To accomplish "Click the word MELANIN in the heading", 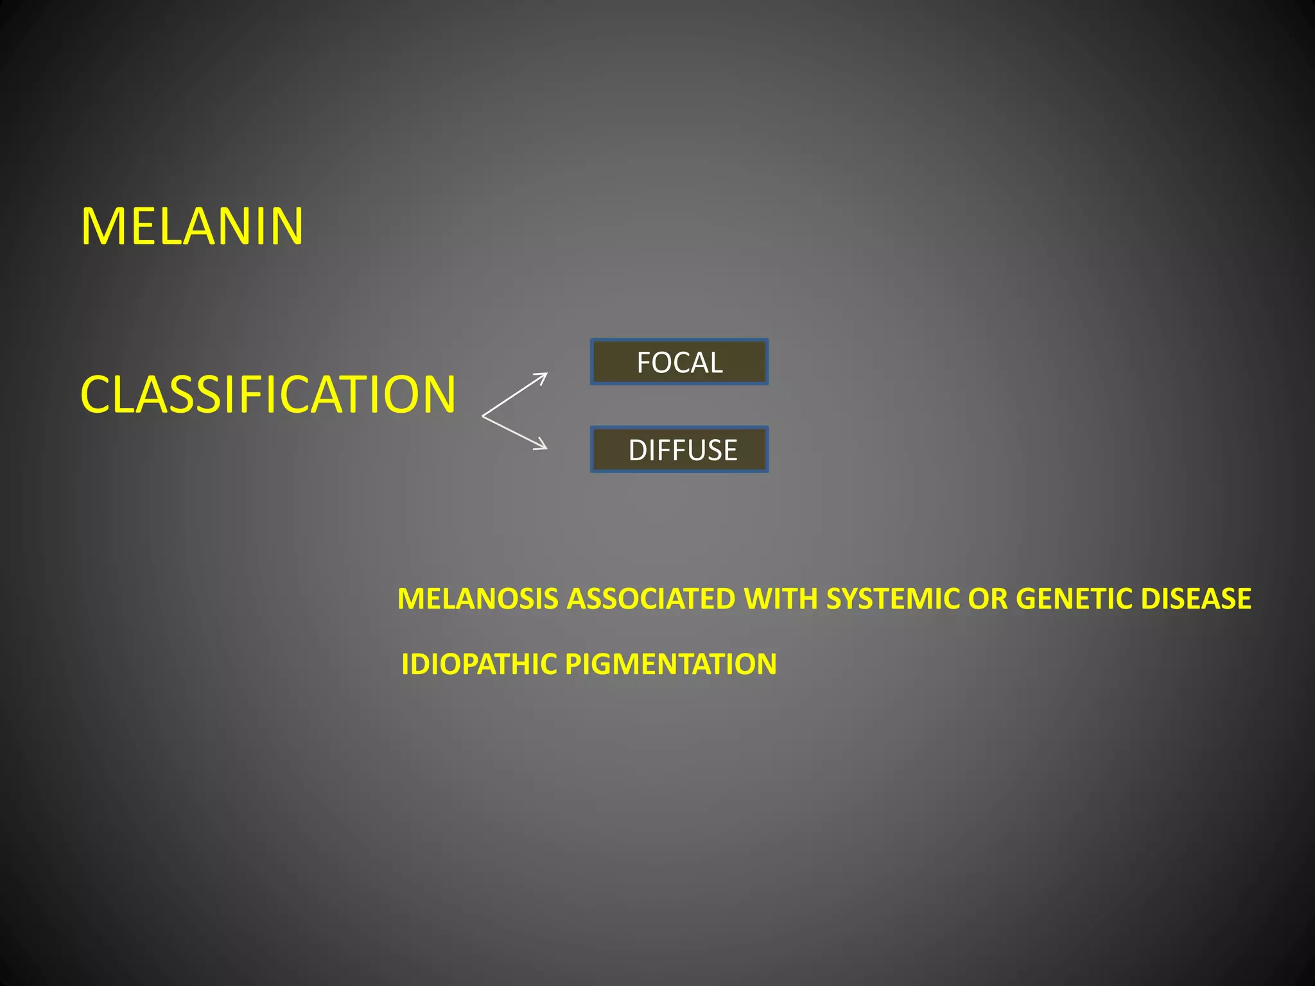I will (x=192, y=226).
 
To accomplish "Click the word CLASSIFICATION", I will (x=268, y=394).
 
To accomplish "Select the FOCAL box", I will (x=679, y=362).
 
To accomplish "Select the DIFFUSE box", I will (x=679, y=449).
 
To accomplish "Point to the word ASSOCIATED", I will (x=651, y=599).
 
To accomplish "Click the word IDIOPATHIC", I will (x=478, y=664).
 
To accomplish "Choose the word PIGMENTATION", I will (x=670, y=664).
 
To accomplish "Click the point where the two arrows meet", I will (x=483, y=416).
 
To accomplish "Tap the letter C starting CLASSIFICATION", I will (x=96, y=394).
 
